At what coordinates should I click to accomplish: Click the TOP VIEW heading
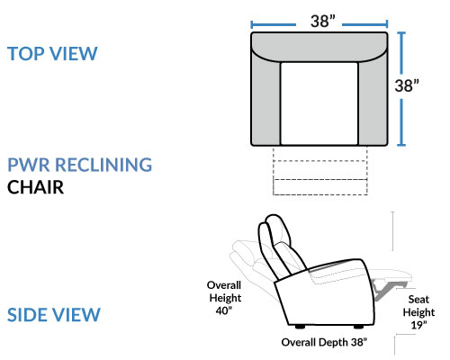point(52,54)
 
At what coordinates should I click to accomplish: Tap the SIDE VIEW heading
point(54,315)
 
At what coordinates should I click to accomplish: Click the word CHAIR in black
point(35,187)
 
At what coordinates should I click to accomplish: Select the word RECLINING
point(103,165)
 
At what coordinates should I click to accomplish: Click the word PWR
point(29,165)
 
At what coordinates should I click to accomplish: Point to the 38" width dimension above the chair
point(322,22)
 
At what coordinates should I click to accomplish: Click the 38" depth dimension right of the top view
point(407,85)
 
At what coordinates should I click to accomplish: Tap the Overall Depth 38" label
point(324,342)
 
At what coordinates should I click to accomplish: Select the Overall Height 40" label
point(224,298)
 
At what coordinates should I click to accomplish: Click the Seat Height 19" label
point(418,312)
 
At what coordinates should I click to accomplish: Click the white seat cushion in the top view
point(319,103)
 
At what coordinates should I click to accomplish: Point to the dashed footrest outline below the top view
point(320,171)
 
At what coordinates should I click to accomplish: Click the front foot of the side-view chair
point(358,327)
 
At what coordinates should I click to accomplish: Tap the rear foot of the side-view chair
point(300,327)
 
